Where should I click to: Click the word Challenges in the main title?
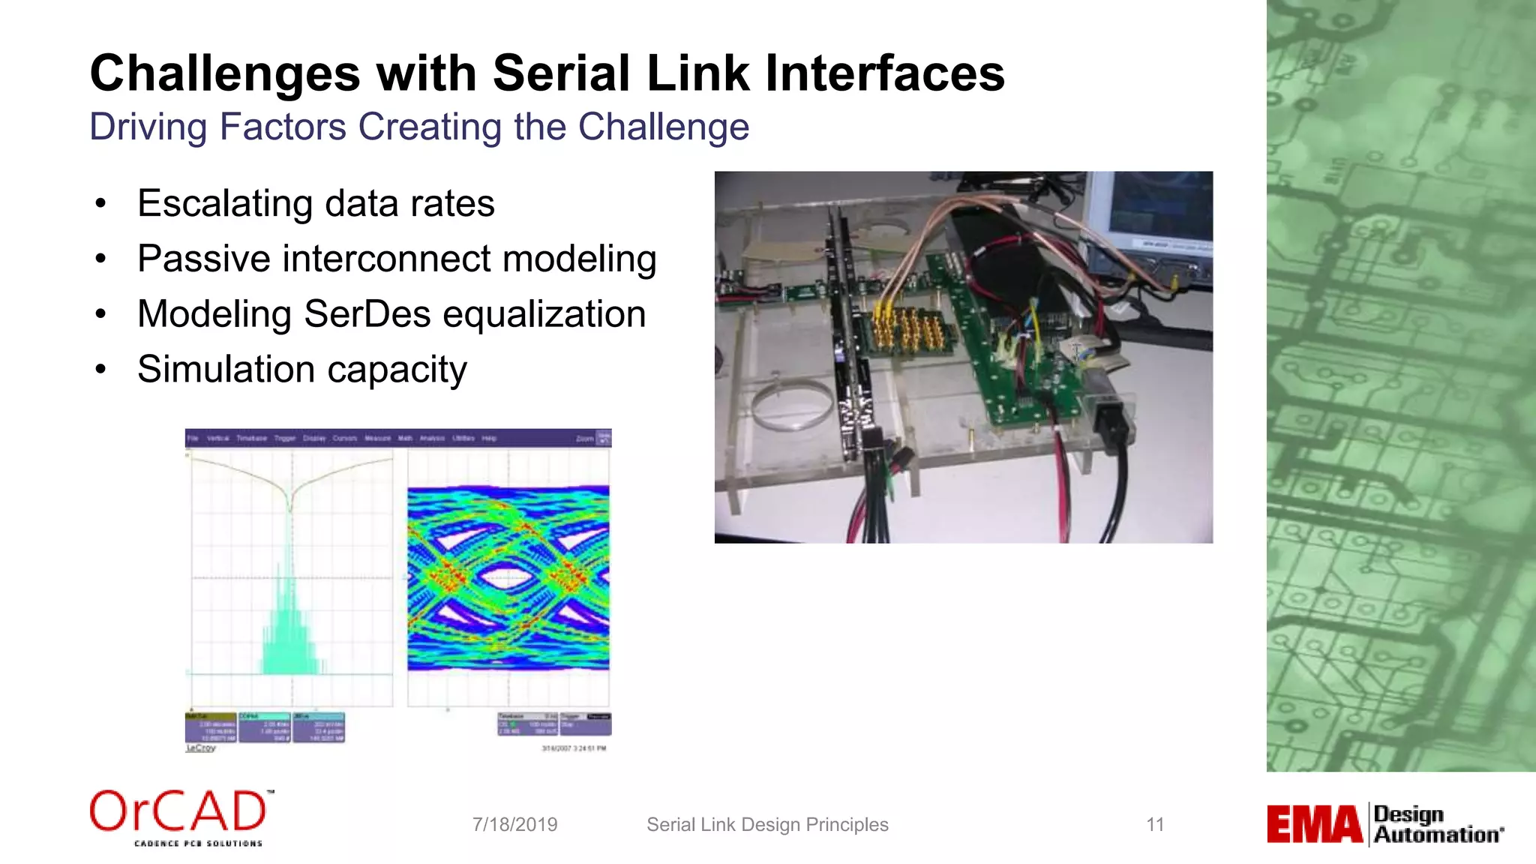tap(225, 73)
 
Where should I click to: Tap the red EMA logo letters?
tap(1314, 824)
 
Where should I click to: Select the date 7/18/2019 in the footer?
tap(514, 825)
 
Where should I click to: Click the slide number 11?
tap(1155, 825)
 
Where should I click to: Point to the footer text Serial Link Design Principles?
tap(767, 825)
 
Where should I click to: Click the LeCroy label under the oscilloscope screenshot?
tap(200, 748)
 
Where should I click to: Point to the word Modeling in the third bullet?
tap(214, 313)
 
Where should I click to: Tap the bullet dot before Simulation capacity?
tap(100, 370)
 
